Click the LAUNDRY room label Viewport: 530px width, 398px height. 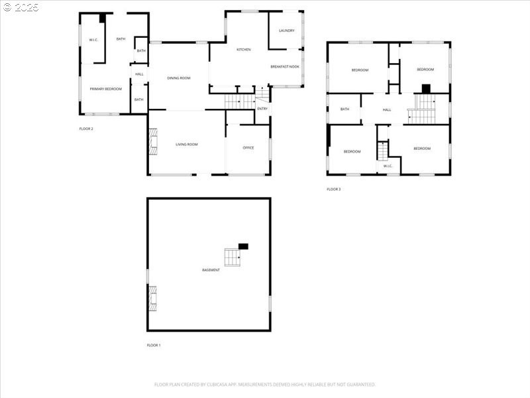(x=286, y=31)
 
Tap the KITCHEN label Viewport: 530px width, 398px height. (x=244, y=50)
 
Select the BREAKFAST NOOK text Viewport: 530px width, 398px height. (x=285, y=67)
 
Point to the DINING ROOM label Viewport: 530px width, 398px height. (x=178, y=78)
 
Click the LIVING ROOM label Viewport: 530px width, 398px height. (x=186, y=144)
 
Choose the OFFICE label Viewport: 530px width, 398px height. (x=248, y=147)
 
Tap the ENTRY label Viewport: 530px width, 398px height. (x=262, y=108)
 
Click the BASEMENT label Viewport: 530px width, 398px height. (x=211, y=270)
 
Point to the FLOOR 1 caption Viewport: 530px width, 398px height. (x=154, y=346)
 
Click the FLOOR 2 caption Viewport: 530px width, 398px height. (x=86, y=129)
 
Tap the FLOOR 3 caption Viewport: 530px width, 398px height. (x=333, y=190)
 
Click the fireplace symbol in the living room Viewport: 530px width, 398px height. (x=153, y=142)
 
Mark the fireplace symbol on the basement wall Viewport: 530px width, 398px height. (x=152, y=298)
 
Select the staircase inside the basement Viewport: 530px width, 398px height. (x=232, y=257)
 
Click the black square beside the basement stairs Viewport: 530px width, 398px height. (x=243, y=246)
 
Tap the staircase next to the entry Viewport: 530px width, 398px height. (x=239, y=101)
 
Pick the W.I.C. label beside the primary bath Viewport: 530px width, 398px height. (x=93, y=40)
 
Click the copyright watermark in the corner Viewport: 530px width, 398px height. (x=21, y=7)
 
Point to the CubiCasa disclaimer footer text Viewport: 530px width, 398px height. (x=265, y=384)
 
